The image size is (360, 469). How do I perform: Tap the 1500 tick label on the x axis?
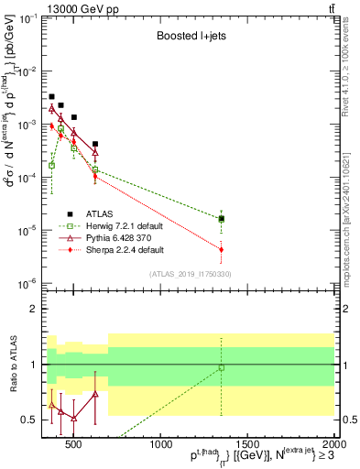point(247,447)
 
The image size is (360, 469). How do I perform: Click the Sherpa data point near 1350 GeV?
point(222,249)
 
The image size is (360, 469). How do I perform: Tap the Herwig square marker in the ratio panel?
point(222,368)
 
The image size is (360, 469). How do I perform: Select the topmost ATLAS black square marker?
point(52,96)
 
